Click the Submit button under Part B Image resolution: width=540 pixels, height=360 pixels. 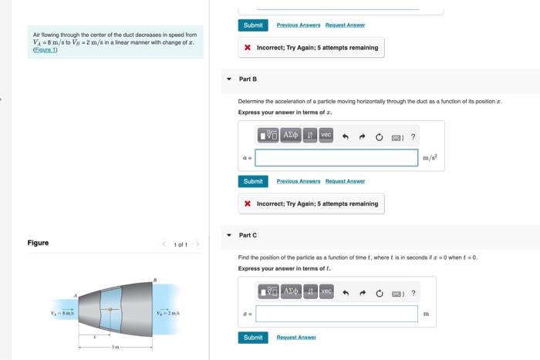pos(253,181)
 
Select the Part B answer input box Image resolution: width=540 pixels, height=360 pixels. pos(336,157)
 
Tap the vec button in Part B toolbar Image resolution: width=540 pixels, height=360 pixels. pos(326,135)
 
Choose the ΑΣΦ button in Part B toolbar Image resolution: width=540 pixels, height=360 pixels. pos(291,135)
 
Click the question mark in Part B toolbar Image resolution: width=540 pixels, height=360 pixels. pos(413,136)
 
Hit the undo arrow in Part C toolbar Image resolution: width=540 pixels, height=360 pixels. pos(345,293)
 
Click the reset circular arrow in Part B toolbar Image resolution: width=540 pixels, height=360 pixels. pos(379,136)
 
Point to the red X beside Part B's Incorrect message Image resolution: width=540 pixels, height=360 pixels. pos(247,204)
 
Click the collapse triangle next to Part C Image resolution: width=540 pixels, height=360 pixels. pos(228,235)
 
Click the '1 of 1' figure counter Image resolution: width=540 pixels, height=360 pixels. pos(181,244)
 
